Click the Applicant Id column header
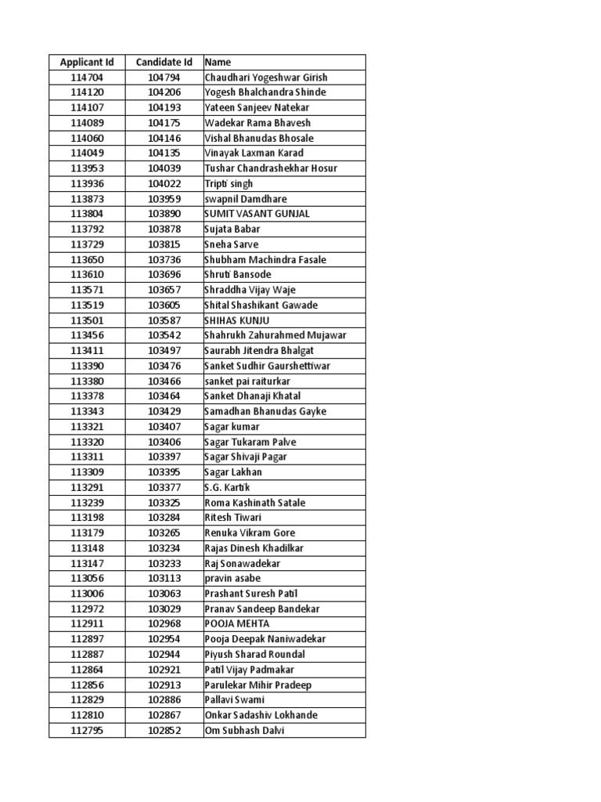86,62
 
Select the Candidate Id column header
164,62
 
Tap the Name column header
218,62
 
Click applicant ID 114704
86,78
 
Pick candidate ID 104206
164,92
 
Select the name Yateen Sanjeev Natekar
257,107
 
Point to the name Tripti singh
229,183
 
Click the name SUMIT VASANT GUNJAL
257,214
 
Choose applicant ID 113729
86,244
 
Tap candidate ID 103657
164,290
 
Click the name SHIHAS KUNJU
236,320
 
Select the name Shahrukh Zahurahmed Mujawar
275,335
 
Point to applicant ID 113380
86,381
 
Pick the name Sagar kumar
232,427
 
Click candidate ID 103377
164,487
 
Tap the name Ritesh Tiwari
232,518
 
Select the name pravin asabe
232,579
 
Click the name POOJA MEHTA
236,624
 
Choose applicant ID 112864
86,670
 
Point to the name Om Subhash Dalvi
244,731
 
